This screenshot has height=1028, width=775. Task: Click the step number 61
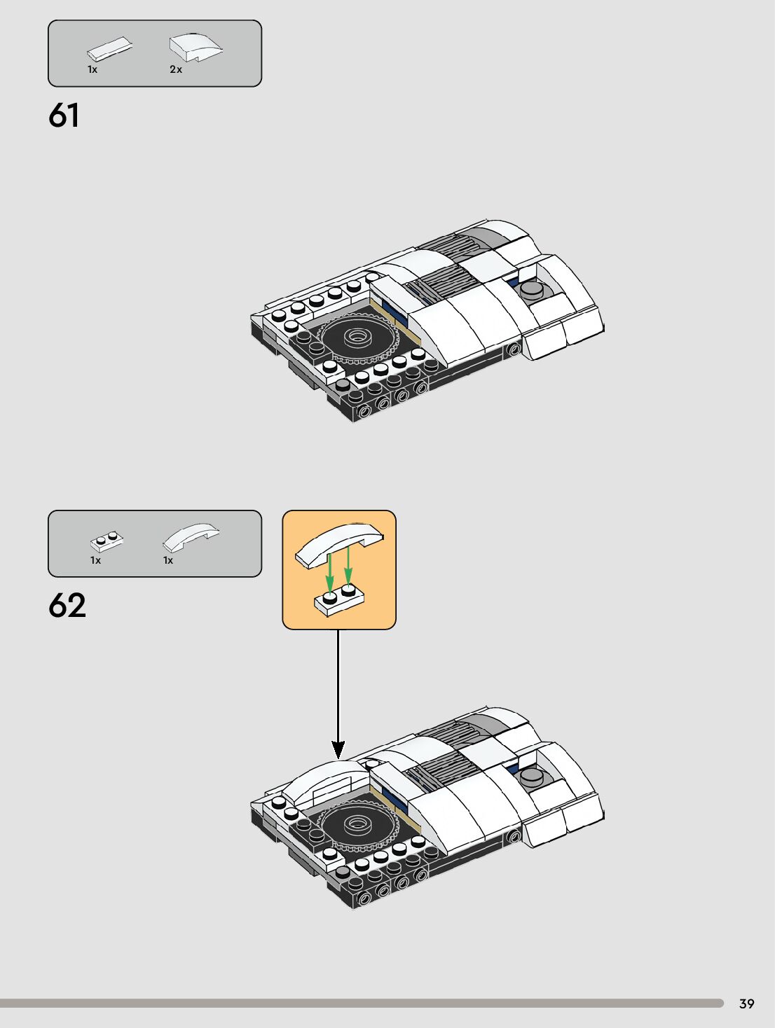[x=64, y=116]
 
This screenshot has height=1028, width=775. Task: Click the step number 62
[x=67, y=606]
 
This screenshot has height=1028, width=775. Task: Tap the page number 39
[x=746, y=1003]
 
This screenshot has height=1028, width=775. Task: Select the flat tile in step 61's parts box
[x=109, y=50]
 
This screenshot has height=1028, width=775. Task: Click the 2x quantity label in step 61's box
[x=176, y=69]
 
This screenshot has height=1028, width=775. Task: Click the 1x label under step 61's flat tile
[x=92, y=69]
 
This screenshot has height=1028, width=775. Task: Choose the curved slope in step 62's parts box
[x=190, y=537]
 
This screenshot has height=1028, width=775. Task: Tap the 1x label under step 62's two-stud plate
[x=95, y=560]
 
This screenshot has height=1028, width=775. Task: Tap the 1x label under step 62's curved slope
[x=168, y=560]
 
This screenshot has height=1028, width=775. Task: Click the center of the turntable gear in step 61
[x=358, y=336]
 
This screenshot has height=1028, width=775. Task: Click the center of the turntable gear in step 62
[x=358, y=824]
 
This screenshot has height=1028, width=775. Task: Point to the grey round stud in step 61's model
[x=532, y=288]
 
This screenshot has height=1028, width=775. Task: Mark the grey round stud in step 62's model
[x=532, y=775]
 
